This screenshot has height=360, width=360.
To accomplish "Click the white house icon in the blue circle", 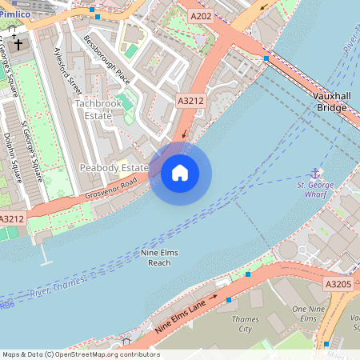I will (180, 172).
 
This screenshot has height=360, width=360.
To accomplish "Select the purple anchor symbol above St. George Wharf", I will (315, 174).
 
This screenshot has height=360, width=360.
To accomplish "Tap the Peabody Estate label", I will (114, 168).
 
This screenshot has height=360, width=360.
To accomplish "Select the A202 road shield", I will (201, 15).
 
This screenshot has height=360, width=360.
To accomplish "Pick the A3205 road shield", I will (338, 283).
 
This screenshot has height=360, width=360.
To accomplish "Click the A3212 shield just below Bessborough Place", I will (190, 101).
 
